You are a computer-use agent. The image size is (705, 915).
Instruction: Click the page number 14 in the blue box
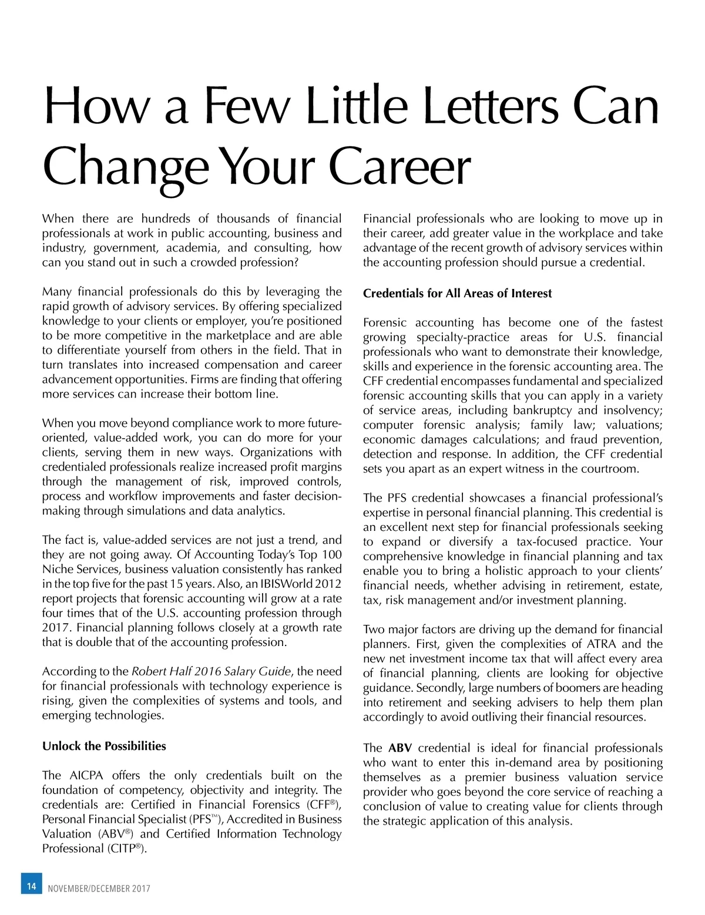pos(31,886)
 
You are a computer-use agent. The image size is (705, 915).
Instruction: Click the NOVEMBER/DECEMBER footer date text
pos(99,889)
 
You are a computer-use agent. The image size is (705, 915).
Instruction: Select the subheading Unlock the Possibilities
pos(104,746)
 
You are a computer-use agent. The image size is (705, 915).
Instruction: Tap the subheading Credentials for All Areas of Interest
pos(457,293)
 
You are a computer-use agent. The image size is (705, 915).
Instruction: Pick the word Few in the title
pos(247,107)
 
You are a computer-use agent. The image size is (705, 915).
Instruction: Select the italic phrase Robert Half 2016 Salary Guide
pos(211,671)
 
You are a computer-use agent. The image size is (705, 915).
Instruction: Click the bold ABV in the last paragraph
pos(399,748)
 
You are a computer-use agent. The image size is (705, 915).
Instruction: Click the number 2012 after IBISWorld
pos(328,584)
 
